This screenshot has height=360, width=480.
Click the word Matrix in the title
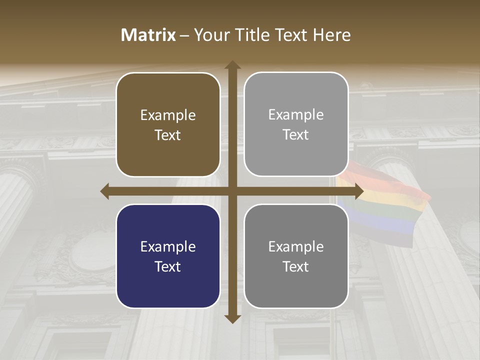[x=148, y=35]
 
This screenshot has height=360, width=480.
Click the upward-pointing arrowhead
[x=232, y=65]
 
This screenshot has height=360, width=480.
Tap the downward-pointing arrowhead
[x=232, y=318]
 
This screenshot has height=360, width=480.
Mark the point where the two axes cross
[x=232, y=191]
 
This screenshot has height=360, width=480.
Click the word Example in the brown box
[x=168, y=115]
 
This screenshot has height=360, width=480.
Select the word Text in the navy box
[x=168, y=266]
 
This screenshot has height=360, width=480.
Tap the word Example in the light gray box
[x=296, y=115]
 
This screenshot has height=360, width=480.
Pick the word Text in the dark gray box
[x=296, y=266]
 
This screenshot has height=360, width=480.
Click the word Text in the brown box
[x=168, y=135]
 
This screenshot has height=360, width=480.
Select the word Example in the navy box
[x=168, y=246]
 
